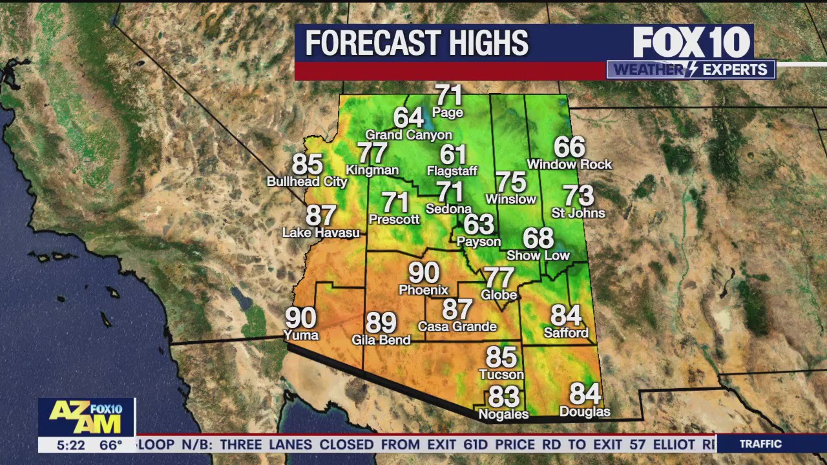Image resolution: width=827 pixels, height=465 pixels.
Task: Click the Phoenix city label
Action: [x=423, y=290]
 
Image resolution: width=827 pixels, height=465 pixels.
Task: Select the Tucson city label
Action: [x=501, y=375]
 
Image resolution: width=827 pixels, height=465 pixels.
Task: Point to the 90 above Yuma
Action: [x=301, y=318]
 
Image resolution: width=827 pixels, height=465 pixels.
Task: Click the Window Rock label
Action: [x=569, y=165]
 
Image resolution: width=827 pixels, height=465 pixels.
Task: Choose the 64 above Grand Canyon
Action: [x=408, y=118]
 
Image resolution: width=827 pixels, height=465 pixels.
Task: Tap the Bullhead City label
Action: [x=307, y=181]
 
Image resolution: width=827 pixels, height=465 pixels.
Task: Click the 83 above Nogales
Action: [x=504, y=396]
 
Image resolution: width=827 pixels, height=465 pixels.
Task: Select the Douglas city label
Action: [x=585, y=411]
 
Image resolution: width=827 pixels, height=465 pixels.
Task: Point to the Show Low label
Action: [x=538, y=255]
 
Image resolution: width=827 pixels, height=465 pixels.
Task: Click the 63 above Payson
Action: [x=479, y=225]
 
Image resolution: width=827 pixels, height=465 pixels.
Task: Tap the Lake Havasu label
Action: [x=321, y=232]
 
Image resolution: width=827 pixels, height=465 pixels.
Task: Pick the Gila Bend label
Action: [x=381, y=339]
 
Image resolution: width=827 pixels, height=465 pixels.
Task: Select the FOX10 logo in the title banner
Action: [x=691, y=43]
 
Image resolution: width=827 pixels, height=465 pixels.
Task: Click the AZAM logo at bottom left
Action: [x=86, y=417]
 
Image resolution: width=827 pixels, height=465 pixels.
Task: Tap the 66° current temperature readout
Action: [x=111, y=445]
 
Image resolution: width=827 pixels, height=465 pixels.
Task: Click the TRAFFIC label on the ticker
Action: [x=760, y=444]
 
